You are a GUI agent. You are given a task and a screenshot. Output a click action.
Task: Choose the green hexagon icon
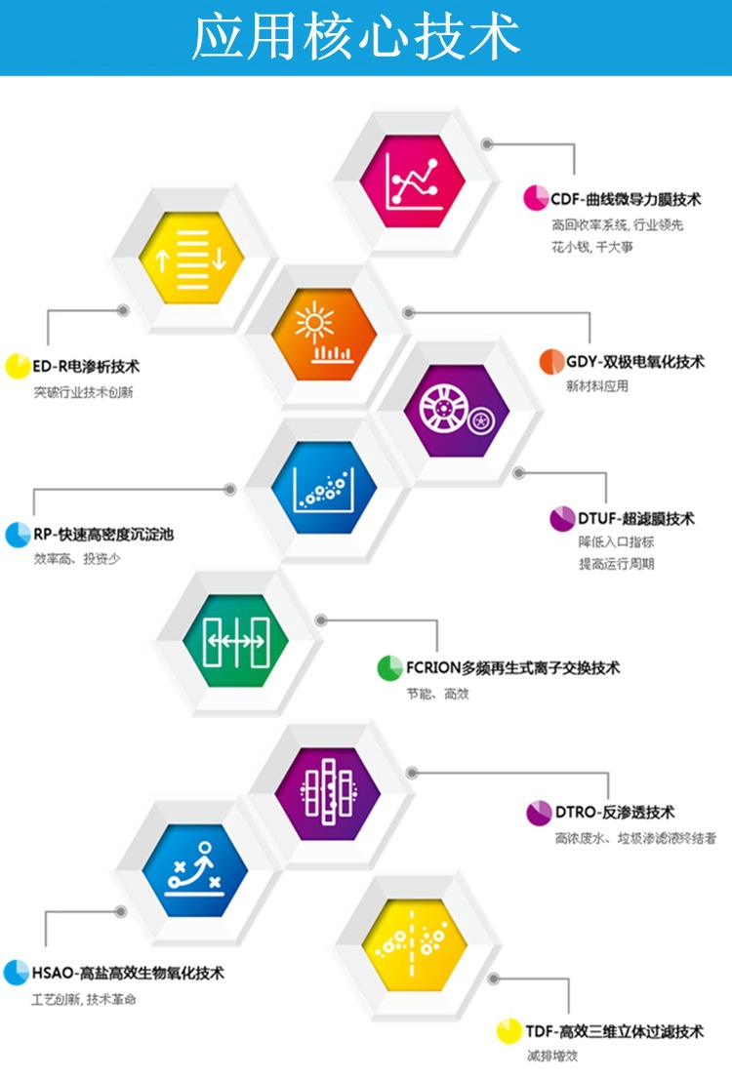click(x=235, y=638)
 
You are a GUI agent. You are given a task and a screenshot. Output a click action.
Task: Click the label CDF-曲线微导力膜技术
click(x=626, y=199)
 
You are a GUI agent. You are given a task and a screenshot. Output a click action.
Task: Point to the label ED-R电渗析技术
click(x=86, y=368)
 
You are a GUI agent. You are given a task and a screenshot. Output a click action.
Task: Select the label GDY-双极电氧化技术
click(x=634, y=362)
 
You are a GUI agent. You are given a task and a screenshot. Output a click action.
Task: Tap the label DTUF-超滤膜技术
click(x=636, y=519)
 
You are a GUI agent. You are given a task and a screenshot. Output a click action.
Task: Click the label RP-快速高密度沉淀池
click(x=103, y=535)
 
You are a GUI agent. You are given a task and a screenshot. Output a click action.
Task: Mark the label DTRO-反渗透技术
click(x=615, y=813)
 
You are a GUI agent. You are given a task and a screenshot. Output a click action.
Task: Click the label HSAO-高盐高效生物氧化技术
click(x=128, y=973)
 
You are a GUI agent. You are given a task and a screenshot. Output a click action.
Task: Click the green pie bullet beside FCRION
click(x=389, y=668)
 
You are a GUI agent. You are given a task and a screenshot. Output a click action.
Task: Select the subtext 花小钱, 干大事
click(x=591, y=248)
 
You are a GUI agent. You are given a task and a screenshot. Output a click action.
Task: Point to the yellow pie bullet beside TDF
click(x=508, y=1031)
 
